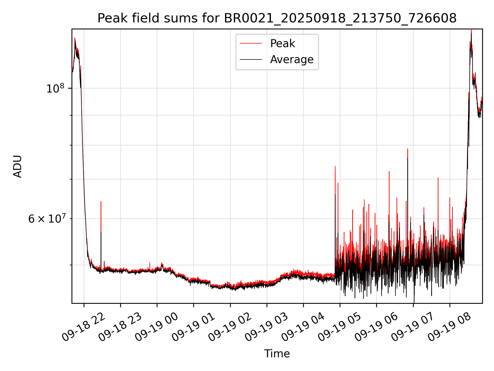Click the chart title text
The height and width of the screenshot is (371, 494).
point(277,18)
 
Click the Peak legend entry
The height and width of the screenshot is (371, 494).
point(283,44)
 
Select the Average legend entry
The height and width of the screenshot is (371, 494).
point(292,60)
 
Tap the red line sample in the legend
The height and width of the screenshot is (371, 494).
point(251,44)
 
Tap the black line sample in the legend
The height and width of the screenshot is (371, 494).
point(251,60)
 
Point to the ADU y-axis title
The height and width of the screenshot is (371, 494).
point(17,166)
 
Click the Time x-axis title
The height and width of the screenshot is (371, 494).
point(277,354)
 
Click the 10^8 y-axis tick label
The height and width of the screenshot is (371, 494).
point(55,88)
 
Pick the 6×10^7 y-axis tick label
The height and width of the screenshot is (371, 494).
point(47,219)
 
